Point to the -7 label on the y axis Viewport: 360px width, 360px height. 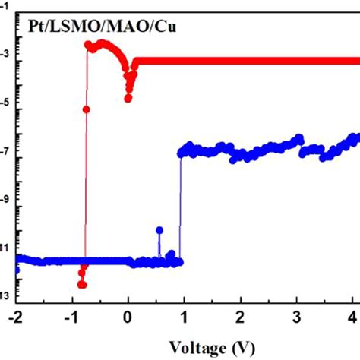[x=5, y=156]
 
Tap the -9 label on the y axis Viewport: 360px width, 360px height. [x=5, y=204]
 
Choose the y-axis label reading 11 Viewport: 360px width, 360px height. [x=5, y=248]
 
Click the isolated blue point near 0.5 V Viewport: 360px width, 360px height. [x=159, y=230]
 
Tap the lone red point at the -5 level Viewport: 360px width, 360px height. [x=86, y=109]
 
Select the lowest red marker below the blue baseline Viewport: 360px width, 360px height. [x=81, y=284]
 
